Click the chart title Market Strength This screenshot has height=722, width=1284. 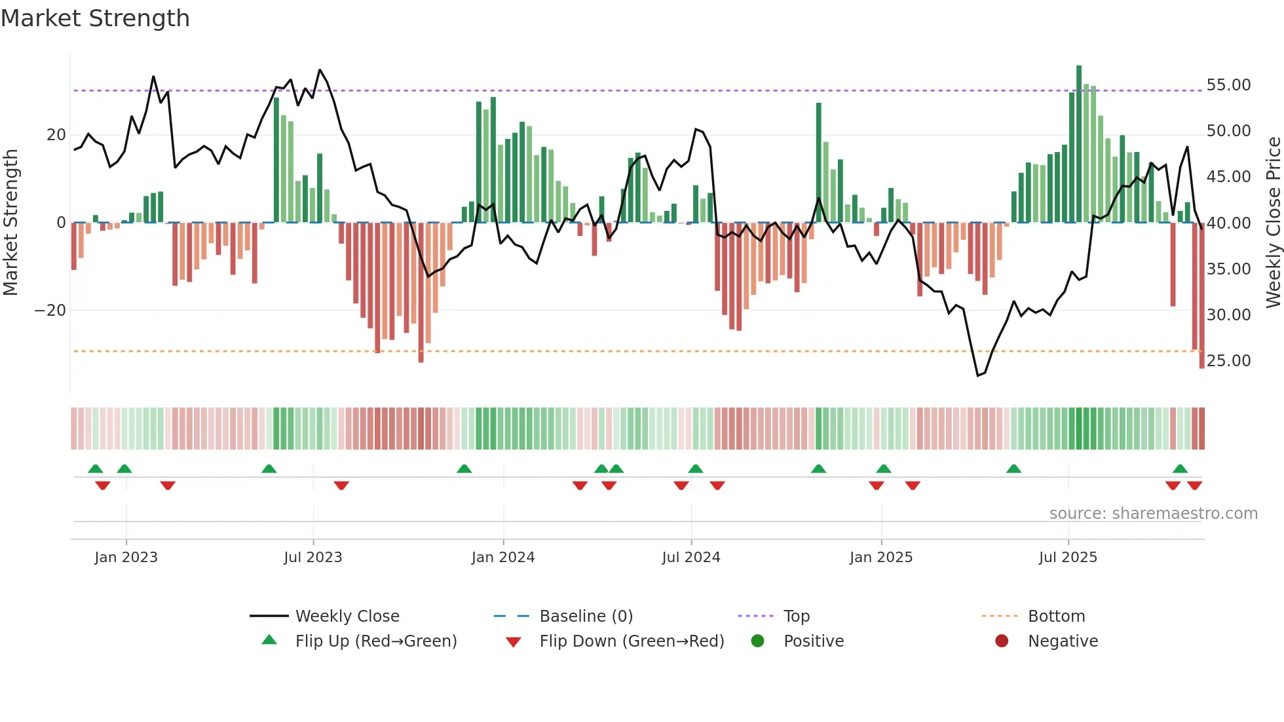click(x=95, y=18)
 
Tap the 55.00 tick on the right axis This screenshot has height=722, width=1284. click(x=1228, y=85)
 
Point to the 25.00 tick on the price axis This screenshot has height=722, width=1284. click(x=1228, y=361)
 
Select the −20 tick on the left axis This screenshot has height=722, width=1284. click(x=50, y=311)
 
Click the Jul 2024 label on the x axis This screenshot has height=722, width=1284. click(x=690, y=558)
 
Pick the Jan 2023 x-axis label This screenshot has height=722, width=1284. click(x=126, y=558)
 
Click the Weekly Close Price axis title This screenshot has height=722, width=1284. click(x=1273, y=223)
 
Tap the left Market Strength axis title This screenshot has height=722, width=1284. click(x=10, y=223)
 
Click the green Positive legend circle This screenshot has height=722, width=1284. click(x=758, y=641)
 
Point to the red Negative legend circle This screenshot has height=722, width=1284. click(x=1002, y=641)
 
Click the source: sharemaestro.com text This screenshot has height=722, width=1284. click(x=1153, y=514)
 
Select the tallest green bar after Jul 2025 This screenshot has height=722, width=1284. click(x=1079, y=144)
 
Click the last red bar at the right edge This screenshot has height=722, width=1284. click(x=1201, y=295)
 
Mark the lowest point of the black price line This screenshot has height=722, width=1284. click(x=977, y=375)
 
